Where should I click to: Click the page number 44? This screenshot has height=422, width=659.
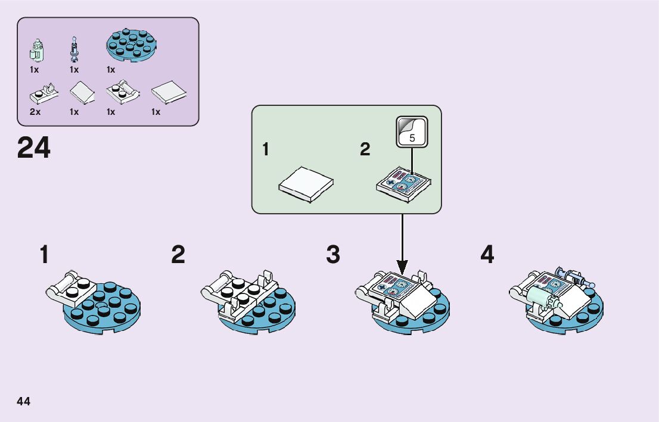[24, 401]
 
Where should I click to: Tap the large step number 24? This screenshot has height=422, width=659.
[34, 149]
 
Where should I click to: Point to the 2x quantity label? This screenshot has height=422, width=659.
[35, 112]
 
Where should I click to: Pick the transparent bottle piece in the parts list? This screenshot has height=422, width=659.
[35, 50]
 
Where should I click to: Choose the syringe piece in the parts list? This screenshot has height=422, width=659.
[74, 50]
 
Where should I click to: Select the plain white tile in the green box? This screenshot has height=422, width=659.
[306, 185]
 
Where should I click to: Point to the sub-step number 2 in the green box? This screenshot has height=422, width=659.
[365, 150]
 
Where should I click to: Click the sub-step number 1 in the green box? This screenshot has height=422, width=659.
[266, 150]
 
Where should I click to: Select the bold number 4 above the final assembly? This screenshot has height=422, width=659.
[487, 255]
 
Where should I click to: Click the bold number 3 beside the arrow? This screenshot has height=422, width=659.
[333, 255]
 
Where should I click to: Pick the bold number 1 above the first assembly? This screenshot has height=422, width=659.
[44, 255]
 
